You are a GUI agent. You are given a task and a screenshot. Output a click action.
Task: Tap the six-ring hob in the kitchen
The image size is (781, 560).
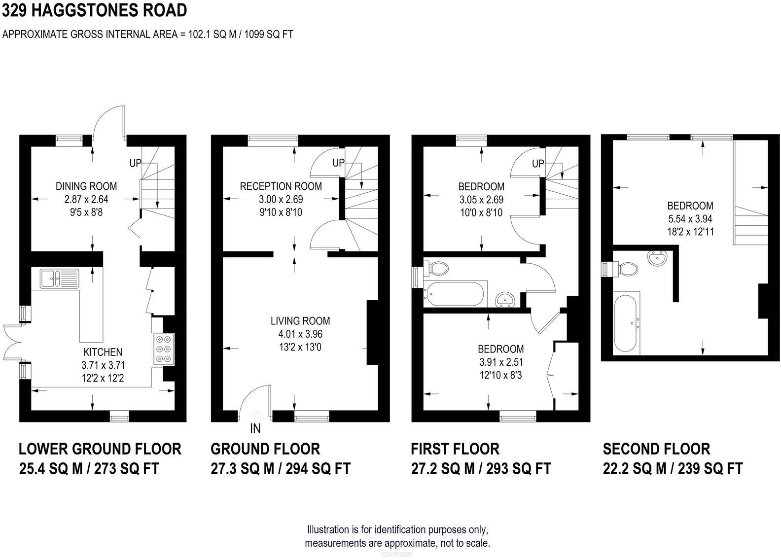(x=164, y=349)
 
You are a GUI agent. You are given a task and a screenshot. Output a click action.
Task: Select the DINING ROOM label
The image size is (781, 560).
(x=86, y=186)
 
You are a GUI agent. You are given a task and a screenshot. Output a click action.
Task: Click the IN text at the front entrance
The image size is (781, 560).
(x=255, y=429)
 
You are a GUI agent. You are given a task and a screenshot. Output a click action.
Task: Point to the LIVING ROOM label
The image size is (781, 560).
(x=300, y=321)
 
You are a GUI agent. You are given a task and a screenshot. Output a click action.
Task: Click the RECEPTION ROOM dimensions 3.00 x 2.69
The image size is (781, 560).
(x=281, y=200)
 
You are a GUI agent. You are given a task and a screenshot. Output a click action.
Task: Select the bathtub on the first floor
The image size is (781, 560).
(x=457, y=294)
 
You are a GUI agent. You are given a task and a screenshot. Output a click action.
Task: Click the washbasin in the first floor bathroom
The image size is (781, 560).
(x=505, y=299)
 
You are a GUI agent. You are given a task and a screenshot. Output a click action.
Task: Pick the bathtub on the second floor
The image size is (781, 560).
(x=626, y=323)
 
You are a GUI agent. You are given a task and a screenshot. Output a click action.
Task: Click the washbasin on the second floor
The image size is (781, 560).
(x=656, y=258)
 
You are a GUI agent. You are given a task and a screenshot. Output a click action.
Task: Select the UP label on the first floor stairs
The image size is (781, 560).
(x=538, y=163)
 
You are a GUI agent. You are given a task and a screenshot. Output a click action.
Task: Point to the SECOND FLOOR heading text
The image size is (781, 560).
(x=656, y=449)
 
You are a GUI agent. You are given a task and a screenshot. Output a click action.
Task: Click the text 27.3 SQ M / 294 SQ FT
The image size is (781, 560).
(x=281, y=468)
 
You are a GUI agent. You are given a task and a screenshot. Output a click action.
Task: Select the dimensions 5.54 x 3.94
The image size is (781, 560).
(x=690, y=219)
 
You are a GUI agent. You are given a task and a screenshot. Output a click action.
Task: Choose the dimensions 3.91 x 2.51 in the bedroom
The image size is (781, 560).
(x=500, y=362)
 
